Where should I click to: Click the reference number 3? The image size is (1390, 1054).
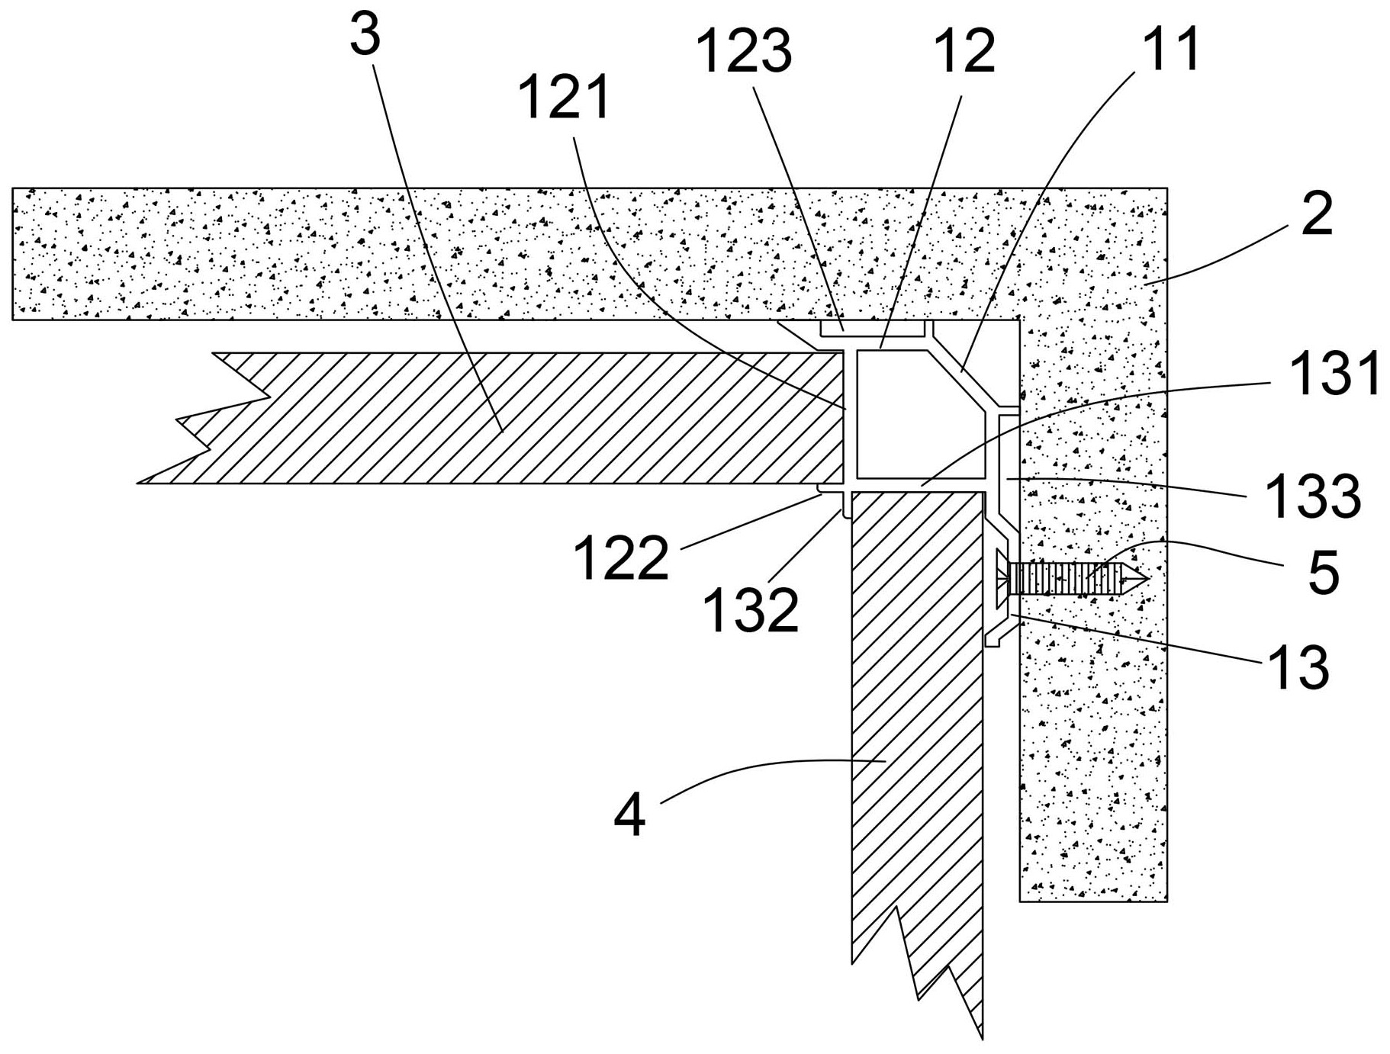pyautogui.click(x=365, y=37)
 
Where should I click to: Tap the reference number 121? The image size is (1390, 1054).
pyautogui.click(x=564, y=98)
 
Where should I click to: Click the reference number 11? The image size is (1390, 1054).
pyautogui.click(x=1168, y=49)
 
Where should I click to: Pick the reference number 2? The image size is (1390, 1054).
pyautogui.click(x=1317, y=215)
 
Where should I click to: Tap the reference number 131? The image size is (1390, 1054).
pyautogui.click(x=1334, y=374)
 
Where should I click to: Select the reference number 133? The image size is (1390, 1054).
pyautogui.click(x=1313, y=496)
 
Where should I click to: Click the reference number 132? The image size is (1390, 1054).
pyautogui.click(x=751, y=611)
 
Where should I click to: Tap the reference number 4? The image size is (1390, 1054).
pyautogui.click(x=629, y=815)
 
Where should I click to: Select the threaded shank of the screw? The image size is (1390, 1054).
pyautogui.click(x=1068, y=579)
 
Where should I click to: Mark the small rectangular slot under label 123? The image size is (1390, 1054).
pyautogui.click(x=871, y=329)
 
